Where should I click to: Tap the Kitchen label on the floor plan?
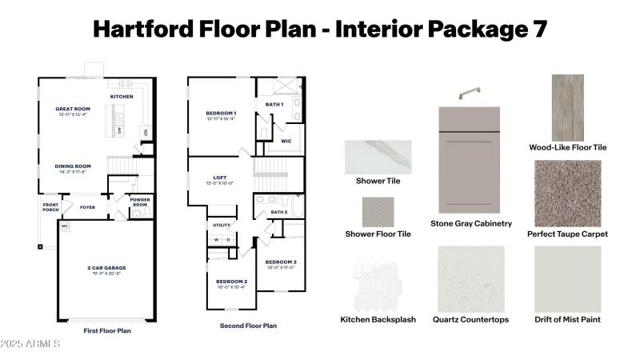122,97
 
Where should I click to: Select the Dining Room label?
72,166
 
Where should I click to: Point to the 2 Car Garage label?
106,267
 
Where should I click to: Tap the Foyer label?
88,206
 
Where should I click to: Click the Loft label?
221,178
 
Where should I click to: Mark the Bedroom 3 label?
281,262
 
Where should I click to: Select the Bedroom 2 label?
231,282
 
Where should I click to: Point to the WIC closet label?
286,141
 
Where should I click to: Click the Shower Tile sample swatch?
378,157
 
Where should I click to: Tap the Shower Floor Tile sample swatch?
378,212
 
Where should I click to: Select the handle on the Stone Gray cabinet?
468,92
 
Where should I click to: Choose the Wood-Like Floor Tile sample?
568,107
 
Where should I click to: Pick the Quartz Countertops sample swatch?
470,278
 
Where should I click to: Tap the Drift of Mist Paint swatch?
568,278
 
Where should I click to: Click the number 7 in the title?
538,29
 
